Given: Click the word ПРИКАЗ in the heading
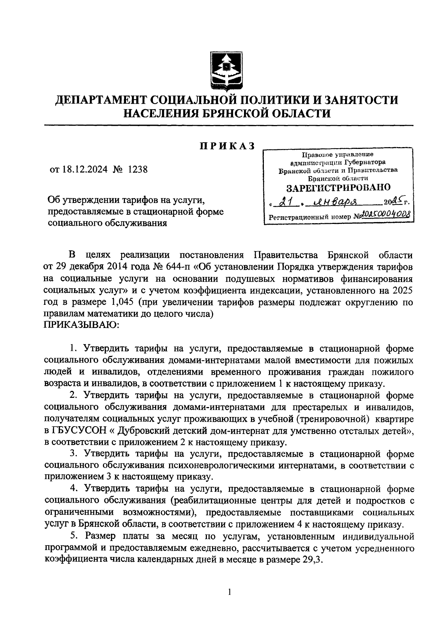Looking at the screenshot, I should tap(227, 146).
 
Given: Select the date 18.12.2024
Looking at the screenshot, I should tap(84, 170).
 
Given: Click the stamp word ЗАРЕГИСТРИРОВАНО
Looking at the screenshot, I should tap(338, 188).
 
